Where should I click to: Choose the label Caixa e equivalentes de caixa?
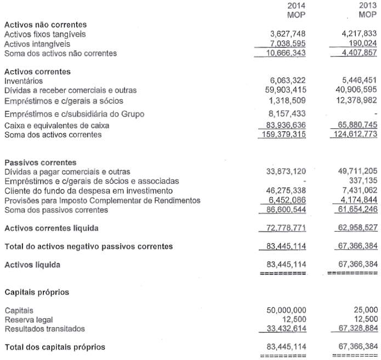coord(57,126)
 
